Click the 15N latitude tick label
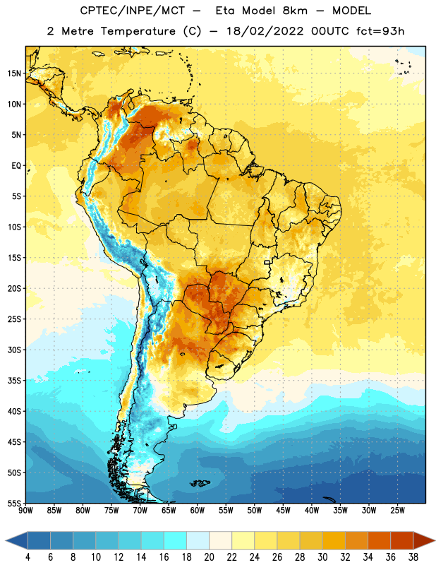(x=14, y=73)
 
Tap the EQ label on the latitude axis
(x=16, y=166)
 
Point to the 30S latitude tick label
(x=14, y=350)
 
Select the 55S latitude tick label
(x=14, y=504)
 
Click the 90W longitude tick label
(x=25, y=511)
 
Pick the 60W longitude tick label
(x=198, y=511)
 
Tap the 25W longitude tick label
(x=397, y=511)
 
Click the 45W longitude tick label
(x=283, y=511)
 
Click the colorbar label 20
(x=209, y=557)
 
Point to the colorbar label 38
(x=413, y=557)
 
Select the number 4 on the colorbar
(x=28, y=557)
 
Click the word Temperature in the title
(x=138, y=31)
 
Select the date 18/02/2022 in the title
(x=265, y=31)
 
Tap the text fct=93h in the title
(x=380, y=31)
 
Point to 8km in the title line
(x=295, y=11)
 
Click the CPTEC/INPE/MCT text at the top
(x=132, y=11)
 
